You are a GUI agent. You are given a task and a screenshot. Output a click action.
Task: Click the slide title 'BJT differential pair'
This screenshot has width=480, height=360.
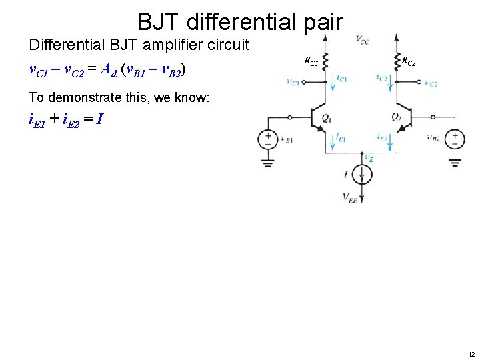coord(240,21)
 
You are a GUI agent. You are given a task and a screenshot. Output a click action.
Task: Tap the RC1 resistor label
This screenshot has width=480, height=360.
coord(311,61)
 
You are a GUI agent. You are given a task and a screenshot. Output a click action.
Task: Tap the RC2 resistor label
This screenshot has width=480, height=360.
coord(408,62)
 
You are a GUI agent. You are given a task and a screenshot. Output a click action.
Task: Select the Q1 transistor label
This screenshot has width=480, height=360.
coord(326,118)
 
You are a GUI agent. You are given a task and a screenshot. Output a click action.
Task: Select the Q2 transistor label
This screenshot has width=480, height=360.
coord(396,118)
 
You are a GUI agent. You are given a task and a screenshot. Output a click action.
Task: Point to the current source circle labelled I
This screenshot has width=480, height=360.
coord(361,175)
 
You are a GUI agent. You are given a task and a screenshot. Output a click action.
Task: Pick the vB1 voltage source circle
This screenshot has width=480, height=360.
coord(268,139)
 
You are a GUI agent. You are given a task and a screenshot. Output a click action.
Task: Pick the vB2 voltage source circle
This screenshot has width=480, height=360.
coord(455,139)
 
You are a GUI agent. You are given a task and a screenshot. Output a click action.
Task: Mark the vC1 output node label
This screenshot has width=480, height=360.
coord(293,82)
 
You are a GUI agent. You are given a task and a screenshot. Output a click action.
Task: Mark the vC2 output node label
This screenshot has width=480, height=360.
coord(431,83)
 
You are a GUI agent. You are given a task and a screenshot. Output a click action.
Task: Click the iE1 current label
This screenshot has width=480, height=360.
coord(340,138)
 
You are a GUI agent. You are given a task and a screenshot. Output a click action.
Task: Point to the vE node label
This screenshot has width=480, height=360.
coord(369,158)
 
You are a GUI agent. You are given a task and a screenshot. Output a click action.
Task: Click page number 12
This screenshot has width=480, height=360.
coord(471,353)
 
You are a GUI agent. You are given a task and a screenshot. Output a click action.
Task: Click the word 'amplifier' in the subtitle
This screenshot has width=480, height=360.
coord(174,45)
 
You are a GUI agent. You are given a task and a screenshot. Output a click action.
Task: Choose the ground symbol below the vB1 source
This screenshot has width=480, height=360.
coord(268,162)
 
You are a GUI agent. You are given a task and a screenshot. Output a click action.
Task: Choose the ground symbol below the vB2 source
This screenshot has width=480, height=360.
coord(455,162)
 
